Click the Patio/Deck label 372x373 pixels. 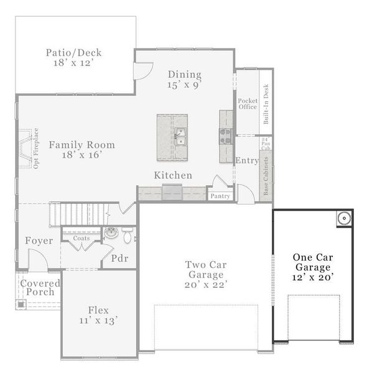click(x=73, y=53)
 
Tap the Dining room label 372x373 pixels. click(x=185, y=75)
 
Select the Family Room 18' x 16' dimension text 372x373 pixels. click(x=82, y=155)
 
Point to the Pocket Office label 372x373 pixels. click(x=248, y=103)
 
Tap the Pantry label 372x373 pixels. click(x=220, y=196)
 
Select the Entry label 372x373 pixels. click(x=247, y=160)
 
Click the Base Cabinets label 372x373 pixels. click(x=266, y=177)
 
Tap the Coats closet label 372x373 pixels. click(x=81, y=238)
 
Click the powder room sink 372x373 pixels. click(x=111, y=233)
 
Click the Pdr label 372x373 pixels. click(x=119, y=258)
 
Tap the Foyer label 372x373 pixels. click(x=39, y=241)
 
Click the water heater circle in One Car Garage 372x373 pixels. click(x=344, y=218)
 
